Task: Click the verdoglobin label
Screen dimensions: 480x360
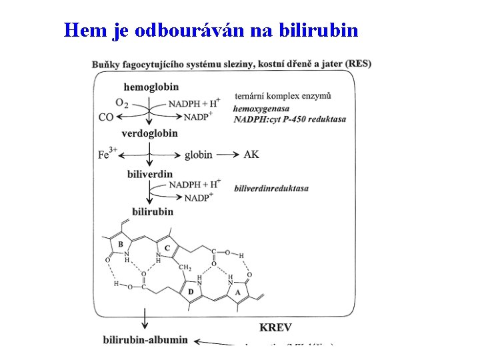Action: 149,133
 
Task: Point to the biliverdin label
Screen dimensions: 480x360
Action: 149,174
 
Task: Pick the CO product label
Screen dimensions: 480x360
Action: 105,117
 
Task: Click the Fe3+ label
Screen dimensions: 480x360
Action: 107,154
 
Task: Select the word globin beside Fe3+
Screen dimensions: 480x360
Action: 198,155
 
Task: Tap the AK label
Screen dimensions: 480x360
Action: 251,155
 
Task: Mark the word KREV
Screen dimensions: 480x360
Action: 275,327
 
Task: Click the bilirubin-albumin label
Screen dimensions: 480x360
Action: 145,340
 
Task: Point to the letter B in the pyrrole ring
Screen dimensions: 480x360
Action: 121,245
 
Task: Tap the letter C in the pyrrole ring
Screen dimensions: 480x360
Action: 167,248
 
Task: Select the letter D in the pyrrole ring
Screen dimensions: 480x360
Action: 191,291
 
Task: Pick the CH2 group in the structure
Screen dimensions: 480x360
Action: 185,267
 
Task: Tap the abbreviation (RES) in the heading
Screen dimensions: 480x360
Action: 359,63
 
